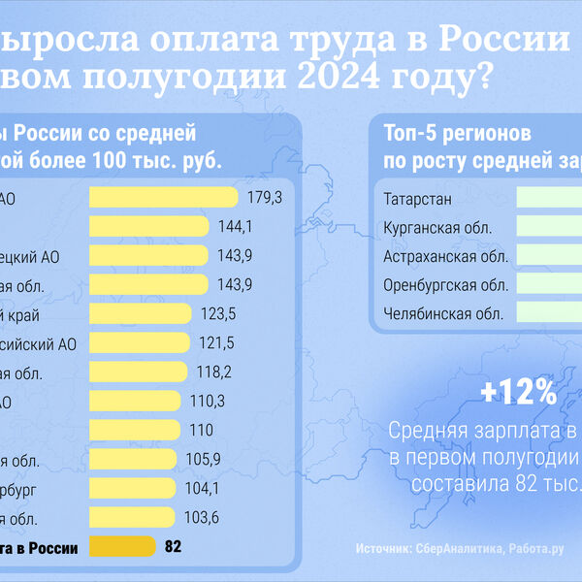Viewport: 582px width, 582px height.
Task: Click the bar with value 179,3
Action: pos(163,197)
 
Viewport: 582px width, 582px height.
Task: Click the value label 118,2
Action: pos(214,372)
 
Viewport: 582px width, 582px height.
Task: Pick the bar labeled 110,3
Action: pos(135,402)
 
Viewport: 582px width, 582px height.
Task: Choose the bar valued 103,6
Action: pos(131,518)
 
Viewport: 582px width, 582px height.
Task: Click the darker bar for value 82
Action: pos(122,547)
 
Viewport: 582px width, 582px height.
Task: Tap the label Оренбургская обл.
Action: pos(446,285)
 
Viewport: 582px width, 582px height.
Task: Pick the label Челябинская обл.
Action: pos(442,313)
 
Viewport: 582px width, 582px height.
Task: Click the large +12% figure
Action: pos(519,392)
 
